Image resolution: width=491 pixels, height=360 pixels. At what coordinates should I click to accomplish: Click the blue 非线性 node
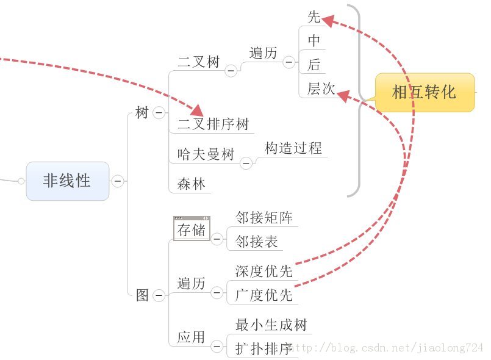(68, 181)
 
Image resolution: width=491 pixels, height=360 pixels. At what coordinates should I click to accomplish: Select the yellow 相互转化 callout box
(425, 92)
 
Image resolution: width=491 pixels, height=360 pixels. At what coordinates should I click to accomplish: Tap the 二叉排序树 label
(213, 125)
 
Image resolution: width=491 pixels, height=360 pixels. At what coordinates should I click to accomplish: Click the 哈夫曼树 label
(206, 154)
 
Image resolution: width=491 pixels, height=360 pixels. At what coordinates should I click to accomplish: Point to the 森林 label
(192, 184)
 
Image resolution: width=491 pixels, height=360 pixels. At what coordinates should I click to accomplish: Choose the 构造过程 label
(293, 148)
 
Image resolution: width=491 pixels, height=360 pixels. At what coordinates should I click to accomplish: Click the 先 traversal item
(314, 17)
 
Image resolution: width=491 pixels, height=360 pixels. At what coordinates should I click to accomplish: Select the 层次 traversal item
(321, 89)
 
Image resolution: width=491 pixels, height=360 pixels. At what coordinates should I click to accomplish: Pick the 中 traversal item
(314, 41)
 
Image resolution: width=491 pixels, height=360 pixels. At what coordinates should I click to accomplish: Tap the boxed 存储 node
(192, 229)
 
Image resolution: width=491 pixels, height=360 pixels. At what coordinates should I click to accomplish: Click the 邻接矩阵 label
(264, 218)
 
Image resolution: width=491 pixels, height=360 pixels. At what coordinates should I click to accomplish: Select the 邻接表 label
(257, 242)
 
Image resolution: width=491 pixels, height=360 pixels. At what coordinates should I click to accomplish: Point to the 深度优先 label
(264, 271)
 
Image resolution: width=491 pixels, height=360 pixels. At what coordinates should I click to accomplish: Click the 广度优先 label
(264, 295)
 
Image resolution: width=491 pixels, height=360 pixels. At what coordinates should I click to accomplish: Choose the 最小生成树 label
(271, 325)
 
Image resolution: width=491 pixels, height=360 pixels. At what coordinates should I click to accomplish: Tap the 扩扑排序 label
(264, 349)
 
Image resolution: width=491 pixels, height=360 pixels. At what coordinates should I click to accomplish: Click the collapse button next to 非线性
(118, 181)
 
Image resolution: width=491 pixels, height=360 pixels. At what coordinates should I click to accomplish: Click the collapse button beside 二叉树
(231, 71)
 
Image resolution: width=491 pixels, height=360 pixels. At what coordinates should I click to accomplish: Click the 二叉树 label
(199, 62)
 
